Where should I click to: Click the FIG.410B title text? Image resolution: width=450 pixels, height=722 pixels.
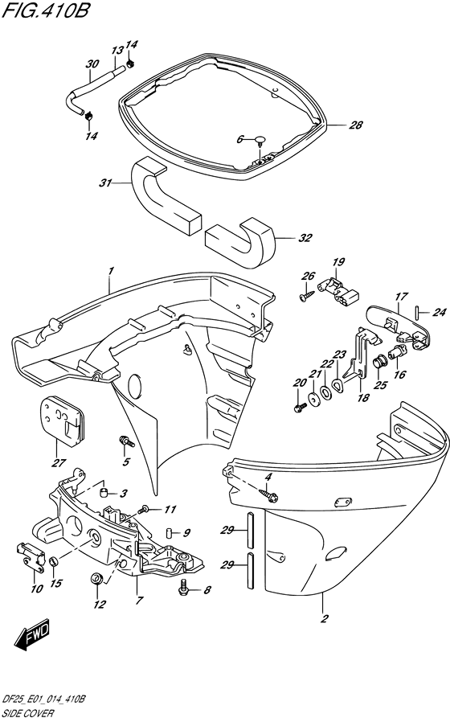coord(45,10)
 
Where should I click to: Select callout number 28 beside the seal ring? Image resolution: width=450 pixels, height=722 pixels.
coord(356,125)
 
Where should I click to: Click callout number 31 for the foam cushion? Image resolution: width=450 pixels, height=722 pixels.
coord(105,183)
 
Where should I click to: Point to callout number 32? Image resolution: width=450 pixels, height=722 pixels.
coord(305,238)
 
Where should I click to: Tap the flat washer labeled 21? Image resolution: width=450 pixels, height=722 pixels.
coord(315,400)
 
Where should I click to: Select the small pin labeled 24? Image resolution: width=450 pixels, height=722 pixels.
coord(417,312)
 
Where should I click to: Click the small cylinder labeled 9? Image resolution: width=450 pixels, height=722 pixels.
coord(169,534)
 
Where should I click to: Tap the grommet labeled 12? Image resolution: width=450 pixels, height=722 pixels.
coord(96,579)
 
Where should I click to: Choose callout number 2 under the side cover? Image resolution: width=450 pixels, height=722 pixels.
coord(324,618)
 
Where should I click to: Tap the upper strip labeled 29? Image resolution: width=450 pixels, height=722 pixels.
coord(249,530)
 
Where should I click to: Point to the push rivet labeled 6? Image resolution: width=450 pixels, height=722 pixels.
coord(261,141)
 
